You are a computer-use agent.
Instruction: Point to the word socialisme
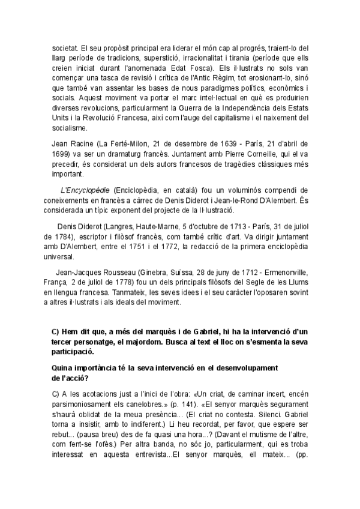tap(70, 128)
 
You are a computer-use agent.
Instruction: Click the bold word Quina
tap(65, 366)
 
